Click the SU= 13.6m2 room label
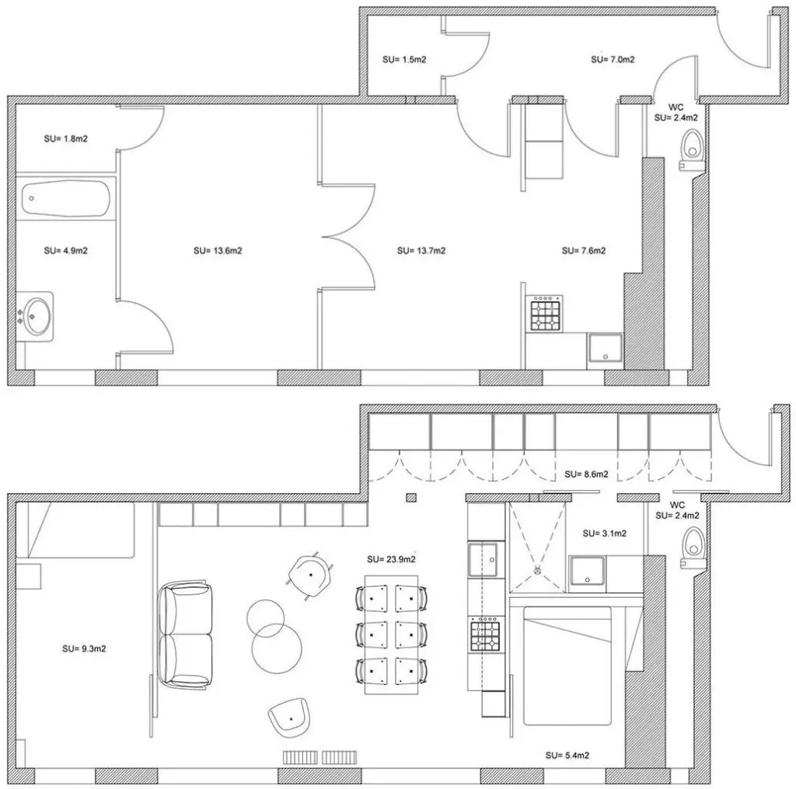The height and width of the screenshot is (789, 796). click(218, 251)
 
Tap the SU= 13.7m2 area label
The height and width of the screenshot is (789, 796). click(421, 251)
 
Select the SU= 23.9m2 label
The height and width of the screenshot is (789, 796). click(392, 559)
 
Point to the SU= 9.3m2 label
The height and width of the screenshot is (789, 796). click(84, 648)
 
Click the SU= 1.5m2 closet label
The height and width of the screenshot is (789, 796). click(404, 59)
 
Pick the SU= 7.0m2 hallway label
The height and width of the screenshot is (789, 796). click(613, 59)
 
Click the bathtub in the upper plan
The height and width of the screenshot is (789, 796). click(66, 198)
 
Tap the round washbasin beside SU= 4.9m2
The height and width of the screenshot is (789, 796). click(37, 316)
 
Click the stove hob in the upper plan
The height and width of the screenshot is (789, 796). click(546, 315)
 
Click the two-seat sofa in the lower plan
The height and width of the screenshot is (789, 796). click(185, 635)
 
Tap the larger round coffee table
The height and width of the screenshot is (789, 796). click(277, 648)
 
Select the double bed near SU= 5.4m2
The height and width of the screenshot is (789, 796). click(567, 666)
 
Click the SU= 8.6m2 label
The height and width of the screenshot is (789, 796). click(586, 474)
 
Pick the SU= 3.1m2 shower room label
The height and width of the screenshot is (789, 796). click(605, 534)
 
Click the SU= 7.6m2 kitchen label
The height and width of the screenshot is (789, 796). click(584, 251)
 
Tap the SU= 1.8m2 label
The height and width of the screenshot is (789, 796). click(66, 138)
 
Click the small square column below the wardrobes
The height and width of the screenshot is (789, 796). click(411, 498)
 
